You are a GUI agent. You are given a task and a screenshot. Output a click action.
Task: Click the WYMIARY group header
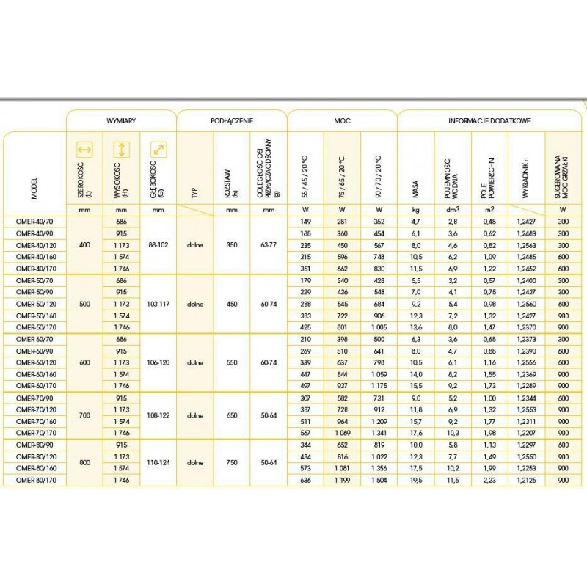pos(121,119)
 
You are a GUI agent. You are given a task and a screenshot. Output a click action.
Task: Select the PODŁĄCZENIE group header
pos(232,119)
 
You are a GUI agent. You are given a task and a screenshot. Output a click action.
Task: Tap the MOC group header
pos(342,119)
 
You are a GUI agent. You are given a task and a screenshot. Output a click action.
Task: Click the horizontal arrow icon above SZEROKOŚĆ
pos(85,150)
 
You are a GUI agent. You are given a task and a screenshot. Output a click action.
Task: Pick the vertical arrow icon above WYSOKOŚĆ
pos(122,150)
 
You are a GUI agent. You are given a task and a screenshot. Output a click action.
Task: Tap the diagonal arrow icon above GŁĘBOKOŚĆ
pos(158,150)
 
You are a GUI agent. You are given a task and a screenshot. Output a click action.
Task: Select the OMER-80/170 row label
pos(34,480)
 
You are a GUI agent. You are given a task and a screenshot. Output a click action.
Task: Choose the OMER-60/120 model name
pos(34,362)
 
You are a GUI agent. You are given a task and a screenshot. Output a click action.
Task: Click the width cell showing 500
pos(84,302)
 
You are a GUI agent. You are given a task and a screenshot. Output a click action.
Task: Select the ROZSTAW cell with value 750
pos(232,462)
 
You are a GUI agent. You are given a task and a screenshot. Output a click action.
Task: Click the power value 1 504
pos(379,480)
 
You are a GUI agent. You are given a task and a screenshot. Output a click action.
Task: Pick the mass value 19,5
pos(416,480)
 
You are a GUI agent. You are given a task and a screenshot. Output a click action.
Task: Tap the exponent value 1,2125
pos(526,480)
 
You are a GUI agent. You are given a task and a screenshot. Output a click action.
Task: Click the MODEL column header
pos(34,188)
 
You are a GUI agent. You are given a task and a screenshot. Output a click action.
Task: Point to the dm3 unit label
pos(453,209)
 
